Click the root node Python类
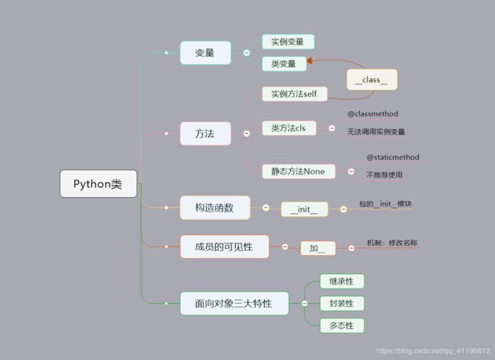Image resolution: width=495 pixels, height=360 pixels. tap(99, 183)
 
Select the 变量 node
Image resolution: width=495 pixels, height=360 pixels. tap(205, 53)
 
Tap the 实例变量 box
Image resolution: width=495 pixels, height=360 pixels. tap(288, 42)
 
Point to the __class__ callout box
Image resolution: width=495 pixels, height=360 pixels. tap(372, 79)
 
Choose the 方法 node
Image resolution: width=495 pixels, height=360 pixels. tap(205, 134)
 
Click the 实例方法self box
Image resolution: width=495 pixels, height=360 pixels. tap(295, 94)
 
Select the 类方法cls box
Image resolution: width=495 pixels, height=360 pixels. tap(289, 129)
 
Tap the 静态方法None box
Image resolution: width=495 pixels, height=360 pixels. tap(299, 171)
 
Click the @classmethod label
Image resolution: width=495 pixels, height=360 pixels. tap(373, 114)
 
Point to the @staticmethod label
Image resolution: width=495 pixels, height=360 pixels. tap(393, 158)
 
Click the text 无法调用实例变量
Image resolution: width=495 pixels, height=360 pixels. tap(376, 132)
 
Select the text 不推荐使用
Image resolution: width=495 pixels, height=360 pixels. tap(385, 175)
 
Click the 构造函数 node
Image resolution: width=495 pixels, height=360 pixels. tap(215, 207)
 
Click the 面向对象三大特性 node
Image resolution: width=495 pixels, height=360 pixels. tap(236, 304)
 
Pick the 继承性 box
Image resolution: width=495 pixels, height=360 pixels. tap(342, 281)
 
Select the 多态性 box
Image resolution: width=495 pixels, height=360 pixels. tap(342, 326)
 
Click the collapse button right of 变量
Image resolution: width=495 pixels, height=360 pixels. tap(247, 53)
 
